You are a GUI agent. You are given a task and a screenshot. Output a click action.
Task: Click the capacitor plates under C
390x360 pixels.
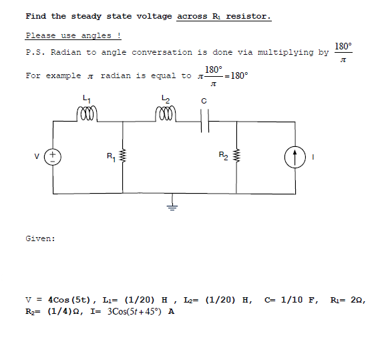click(205, 120)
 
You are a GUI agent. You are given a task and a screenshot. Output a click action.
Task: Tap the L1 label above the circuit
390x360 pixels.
click(86, 100)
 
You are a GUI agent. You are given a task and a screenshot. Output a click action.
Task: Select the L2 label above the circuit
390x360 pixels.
click(165, 100)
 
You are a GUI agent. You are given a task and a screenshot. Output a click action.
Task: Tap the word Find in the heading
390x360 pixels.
click(35, 16)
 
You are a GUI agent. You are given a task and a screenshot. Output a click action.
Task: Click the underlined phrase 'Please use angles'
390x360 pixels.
click(71, 35)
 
